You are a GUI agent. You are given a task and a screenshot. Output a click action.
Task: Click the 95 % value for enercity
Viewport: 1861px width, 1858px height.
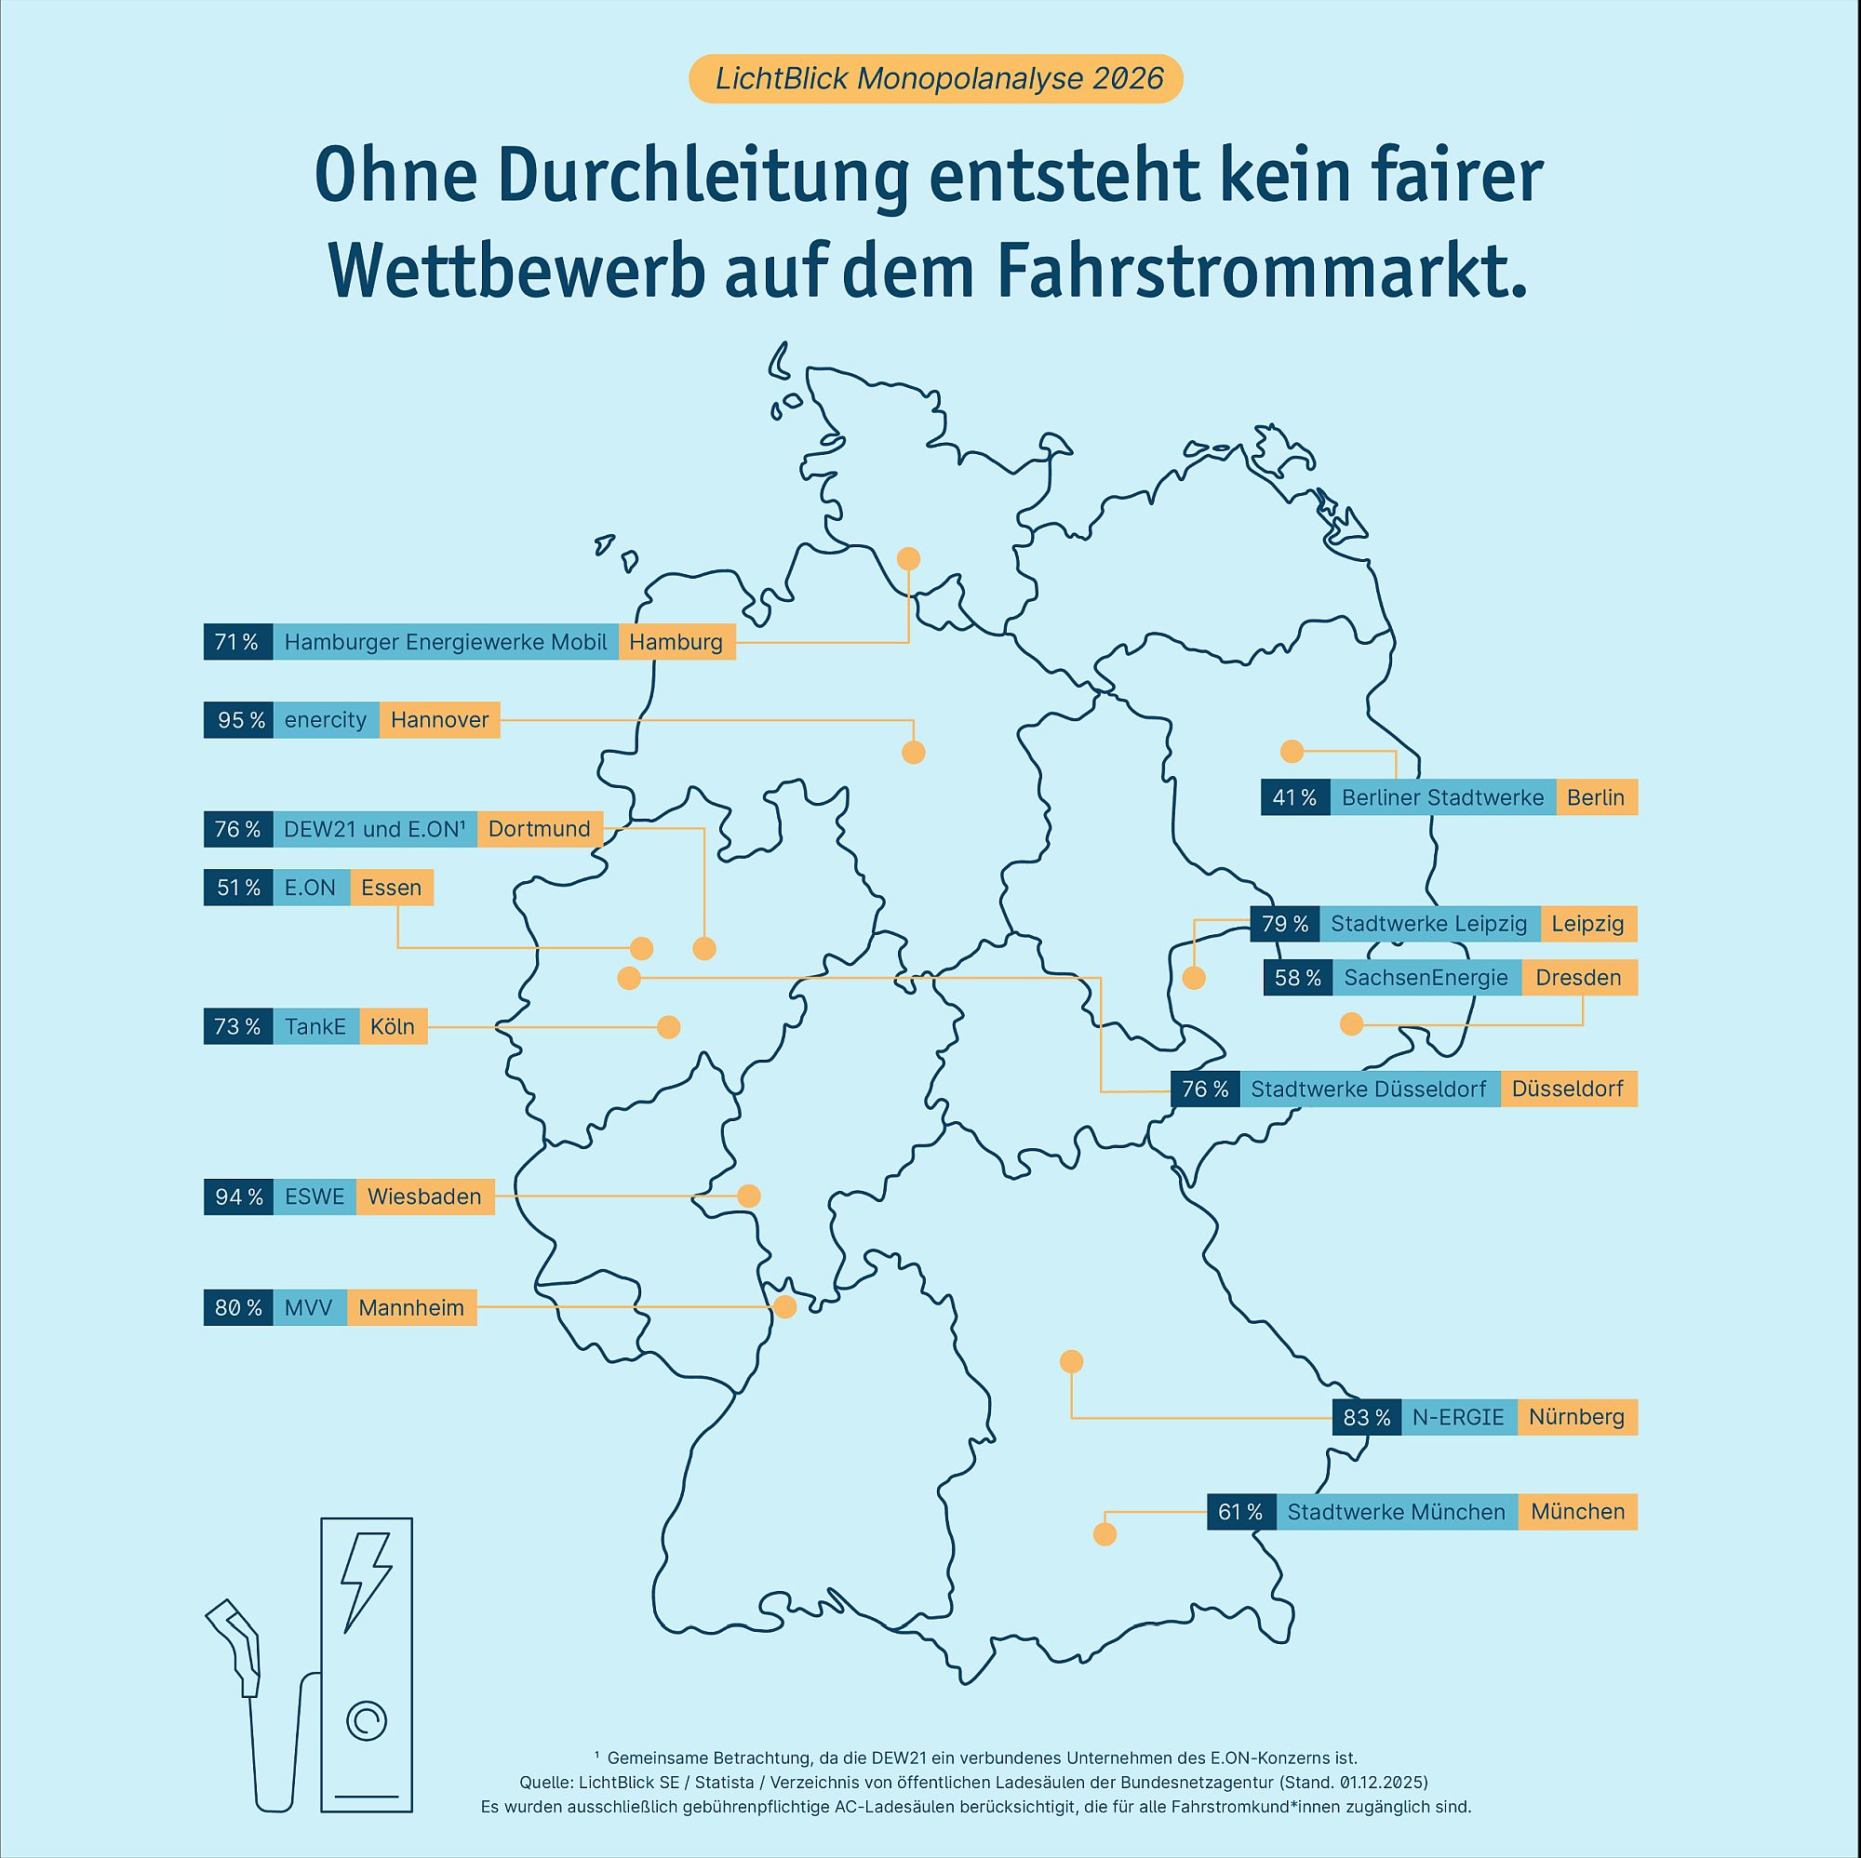239,720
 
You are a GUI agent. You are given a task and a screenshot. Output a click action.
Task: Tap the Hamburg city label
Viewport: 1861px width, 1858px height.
676,643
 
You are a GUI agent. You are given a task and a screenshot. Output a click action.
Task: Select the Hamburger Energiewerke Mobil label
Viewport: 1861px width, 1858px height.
445,643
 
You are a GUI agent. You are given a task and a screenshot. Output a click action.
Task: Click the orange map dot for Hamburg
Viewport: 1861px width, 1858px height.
908,558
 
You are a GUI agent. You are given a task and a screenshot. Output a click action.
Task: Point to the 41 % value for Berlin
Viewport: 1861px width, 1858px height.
1294,797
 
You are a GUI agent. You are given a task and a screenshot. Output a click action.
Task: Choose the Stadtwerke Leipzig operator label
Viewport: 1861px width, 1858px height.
1428,925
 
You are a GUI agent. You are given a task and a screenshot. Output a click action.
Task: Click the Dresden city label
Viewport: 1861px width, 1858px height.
1578,978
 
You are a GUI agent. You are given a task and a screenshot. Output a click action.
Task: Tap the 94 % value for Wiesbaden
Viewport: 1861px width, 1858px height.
239,1197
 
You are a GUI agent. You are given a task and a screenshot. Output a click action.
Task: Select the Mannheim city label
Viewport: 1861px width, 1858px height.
411,1308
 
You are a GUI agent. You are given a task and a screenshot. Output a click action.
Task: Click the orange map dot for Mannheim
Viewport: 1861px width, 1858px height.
785,1307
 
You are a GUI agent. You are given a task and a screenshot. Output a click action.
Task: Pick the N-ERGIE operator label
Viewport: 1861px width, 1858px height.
1458,1418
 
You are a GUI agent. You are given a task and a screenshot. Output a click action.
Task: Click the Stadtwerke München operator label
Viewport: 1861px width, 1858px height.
1396,1512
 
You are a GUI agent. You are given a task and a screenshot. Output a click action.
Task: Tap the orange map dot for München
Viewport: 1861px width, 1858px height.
1105,1534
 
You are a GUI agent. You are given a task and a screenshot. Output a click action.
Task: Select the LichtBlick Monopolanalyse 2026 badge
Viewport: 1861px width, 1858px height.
935,79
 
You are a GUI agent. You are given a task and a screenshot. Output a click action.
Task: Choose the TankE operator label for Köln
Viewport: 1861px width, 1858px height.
315,1027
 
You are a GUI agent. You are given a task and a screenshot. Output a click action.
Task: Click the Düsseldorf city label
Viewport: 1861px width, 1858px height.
1567,1089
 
